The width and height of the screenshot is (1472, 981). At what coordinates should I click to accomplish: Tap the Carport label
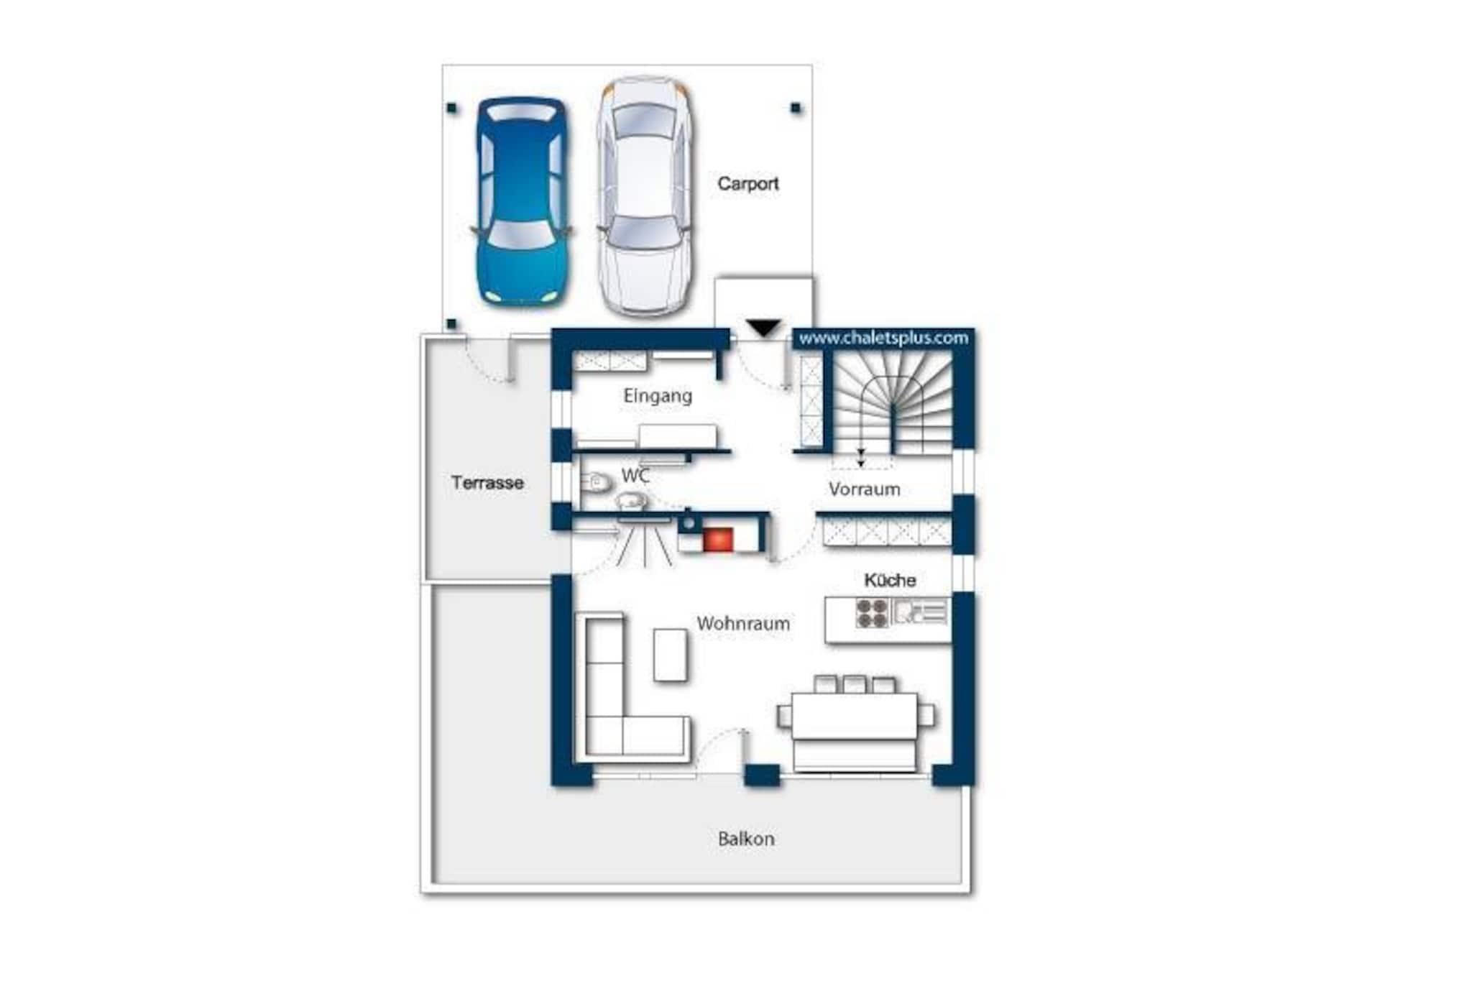747,184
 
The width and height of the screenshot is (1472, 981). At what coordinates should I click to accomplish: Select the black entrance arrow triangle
763,328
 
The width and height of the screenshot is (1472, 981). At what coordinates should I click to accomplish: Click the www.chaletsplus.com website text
883,338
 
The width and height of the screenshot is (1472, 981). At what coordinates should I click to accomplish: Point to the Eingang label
658,396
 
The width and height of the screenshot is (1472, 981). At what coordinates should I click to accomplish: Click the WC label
635,476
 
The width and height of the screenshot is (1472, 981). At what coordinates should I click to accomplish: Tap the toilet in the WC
594,482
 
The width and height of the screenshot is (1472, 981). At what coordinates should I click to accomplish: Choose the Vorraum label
864,489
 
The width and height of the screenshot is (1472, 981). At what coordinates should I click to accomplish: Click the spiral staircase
893,402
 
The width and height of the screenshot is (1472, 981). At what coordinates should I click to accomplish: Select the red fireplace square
717,540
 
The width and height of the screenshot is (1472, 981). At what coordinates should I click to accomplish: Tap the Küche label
890,580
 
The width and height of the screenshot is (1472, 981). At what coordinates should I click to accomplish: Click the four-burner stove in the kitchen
872,613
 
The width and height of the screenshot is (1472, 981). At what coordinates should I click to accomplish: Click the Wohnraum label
743,623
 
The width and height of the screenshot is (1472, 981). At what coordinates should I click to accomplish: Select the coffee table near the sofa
670,655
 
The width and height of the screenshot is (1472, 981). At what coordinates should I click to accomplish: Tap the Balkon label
746,839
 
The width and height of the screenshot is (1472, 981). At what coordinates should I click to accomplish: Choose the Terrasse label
487,483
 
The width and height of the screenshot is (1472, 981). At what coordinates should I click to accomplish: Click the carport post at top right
796,108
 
